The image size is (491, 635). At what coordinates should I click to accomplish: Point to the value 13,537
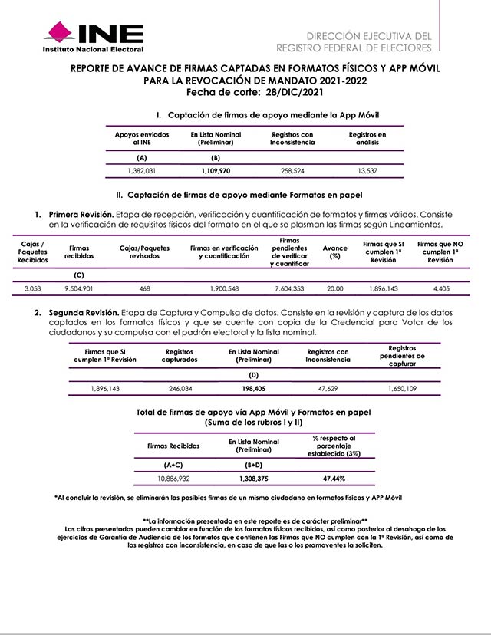(x=367, y=170)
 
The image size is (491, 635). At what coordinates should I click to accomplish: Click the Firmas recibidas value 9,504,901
(x=79, y=288)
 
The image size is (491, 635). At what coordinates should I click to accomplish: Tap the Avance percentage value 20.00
(x=334, y=288)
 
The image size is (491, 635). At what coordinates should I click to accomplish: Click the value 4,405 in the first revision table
(x=440, y=288)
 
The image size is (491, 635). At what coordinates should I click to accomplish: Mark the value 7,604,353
(x=288, y=288)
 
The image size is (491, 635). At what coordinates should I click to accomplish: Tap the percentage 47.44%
(x=333, y=479)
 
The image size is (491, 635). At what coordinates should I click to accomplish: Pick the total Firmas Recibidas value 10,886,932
(x=173, y=479)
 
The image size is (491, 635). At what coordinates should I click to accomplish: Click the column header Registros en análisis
(x=367, y=138)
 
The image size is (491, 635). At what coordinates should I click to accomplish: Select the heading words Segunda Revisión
(x=83, y=314)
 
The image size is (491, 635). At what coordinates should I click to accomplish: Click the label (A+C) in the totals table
(x=173, y=465)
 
